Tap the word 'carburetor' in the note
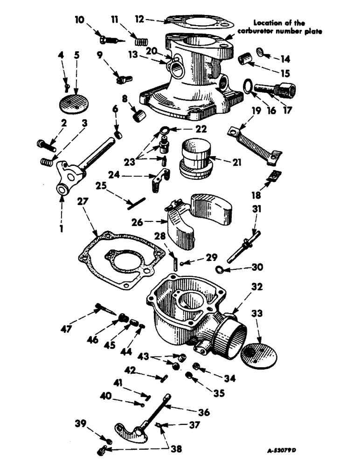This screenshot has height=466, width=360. [251, 31]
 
